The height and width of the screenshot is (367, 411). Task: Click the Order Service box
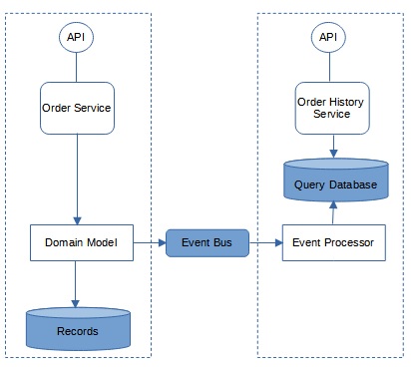click(76, 108)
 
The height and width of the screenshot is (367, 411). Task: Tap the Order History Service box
click(328, 108)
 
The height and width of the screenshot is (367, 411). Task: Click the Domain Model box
click(82, 242)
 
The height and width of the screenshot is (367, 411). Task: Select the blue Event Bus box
click(206, 242)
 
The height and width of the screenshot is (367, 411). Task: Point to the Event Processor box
click(334, 242)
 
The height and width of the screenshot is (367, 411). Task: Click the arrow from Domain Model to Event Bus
click(149, 242)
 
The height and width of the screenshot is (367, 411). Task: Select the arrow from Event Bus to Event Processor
click(265, 242)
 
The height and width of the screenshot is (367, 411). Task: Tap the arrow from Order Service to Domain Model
click(76, 180)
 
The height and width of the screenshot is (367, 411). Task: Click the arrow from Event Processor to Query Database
click(334, 212)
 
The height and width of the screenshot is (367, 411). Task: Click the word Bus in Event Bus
click(225, 242)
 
